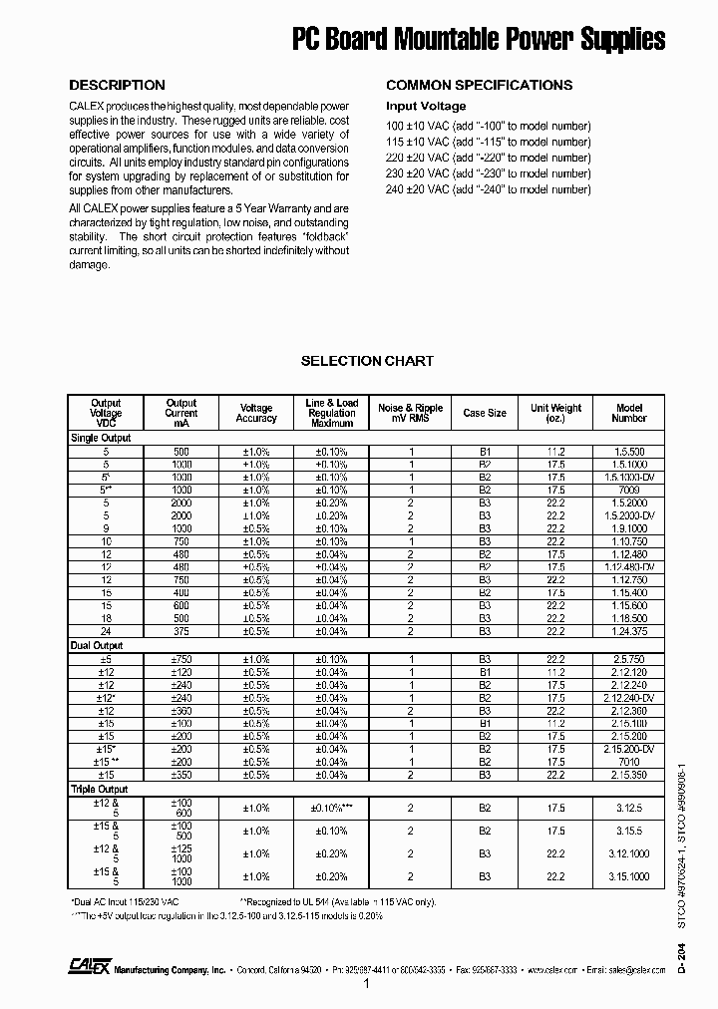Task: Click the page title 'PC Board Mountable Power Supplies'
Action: (x=478, y=39)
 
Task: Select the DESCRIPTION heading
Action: (x=117, y=85)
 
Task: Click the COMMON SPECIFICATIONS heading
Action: (x=479, y=85)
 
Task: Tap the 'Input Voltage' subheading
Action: (x=426, y=106)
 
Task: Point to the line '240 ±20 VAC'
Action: (x=488, y=189)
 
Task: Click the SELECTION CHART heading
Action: (x=367, y=361)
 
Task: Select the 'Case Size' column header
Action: (x=485, y=412)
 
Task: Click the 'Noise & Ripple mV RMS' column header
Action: (x=410, y=413)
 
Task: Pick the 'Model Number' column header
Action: (x=629, y=413)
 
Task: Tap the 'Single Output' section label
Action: (x=100, y=438)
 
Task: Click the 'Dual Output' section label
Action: (x=96, y=645)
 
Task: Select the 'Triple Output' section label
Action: (x=98, y=788)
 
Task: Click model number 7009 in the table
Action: (x=629, y=491)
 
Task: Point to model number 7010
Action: (x=629, y=762)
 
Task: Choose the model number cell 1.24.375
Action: (x=629, y=631)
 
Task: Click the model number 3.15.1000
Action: (x=629, y=876)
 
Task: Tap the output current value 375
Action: (x=181, y=631)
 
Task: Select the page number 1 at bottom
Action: (x=366, y=985)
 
